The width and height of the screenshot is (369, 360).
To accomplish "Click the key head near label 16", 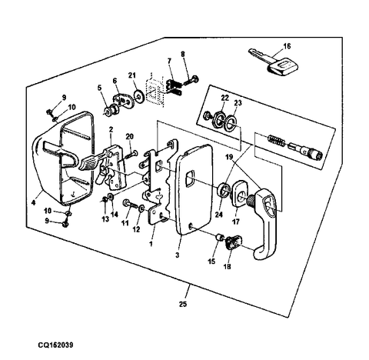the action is [283, 66].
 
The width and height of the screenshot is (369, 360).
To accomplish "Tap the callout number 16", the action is [287, 46].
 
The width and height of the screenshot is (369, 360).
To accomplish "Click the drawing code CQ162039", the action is [55, 345].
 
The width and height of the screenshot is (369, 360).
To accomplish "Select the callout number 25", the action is [183, 305].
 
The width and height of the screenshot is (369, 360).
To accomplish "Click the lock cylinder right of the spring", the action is [305, 151].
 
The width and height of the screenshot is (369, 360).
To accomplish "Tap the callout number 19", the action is [229, 157].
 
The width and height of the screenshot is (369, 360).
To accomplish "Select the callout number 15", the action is [211, 262].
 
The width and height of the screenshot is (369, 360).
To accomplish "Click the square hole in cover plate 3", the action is [190, 178].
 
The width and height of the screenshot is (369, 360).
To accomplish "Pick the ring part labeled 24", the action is [223, 189].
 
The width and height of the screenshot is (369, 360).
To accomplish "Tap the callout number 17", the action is [236, 222].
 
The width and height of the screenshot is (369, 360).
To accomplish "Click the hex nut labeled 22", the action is [218, 121].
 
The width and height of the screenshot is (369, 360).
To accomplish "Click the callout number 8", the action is [182, 55].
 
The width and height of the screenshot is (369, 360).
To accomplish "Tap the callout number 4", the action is [33, 202].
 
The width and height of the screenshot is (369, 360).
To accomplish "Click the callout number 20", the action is [130, 136].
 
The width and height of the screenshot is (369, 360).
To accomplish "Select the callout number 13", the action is [105, 219].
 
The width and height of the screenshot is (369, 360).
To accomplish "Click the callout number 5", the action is [99, 88].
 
